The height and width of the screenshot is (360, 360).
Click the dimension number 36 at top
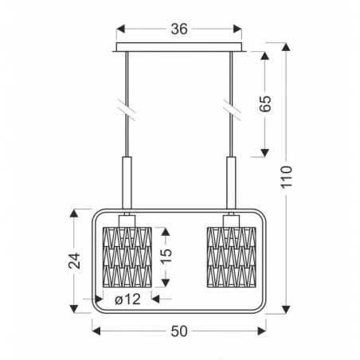click(178, 30)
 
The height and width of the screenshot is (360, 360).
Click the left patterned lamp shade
click(127, 255)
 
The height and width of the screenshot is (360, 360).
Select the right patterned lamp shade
click(230, 255)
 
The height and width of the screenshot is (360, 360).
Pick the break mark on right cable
click(230, 106)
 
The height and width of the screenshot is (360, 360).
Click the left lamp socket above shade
click(127, 219)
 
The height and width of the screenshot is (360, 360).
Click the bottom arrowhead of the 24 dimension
click(75, 307)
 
